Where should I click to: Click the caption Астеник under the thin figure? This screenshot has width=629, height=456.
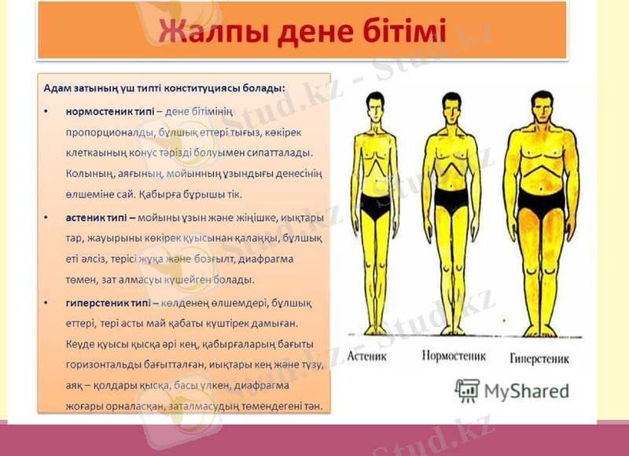(x=368, y=355)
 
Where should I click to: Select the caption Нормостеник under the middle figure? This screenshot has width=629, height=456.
(x=454, y=355)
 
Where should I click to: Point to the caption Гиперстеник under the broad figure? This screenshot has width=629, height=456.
(x=539, y=358)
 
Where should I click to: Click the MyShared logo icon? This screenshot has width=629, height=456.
(x=467, y=390)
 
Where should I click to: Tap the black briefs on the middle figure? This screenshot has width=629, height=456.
(x=451, y=200)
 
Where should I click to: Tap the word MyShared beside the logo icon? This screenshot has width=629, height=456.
(x=526, y=391)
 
